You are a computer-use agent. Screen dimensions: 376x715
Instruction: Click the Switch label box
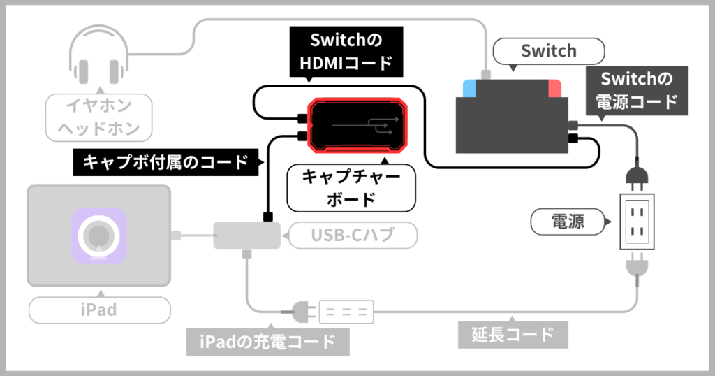548,51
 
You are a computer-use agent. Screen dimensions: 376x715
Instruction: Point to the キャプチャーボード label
351,187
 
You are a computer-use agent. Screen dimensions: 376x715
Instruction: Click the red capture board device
358,124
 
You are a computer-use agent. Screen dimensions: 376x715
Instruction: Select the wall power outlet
638,222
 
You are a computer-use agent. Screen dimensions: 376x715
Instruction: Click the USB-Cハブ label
352,236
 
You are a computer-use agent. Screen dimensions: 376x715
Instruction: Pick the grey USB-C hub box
246,236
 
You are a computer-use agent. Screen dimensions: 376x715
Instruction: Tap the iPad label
98,310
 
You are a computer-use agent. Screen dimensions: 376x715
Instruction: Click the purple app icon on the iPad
98,236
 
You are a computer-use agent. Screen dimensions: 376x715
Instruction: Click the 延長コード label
513,335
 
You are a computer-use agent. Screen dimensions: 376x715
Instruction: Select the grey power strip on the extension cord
347,311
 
